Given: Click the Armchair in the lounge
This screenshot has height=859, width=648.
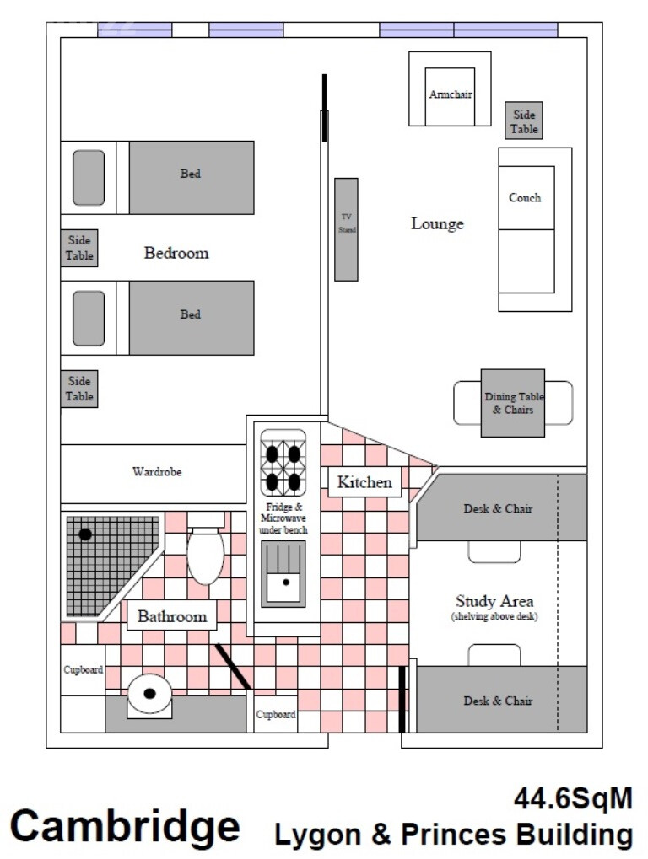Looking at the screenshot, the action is (450, 89).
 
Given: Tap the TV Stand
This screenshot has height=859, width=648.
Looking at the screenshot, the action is (346, 229).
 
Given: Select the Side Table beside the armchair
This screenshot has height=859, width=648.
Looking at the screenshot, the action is (524, 120).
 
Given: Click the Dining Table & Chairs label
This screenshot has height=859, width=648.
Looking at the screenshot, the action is (514, 403).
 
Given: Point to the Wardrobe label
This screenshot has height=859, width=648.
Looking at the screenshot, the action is (157, 472).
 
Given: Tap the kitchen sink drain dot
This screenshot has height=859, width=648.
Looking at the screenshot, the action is (286, 583).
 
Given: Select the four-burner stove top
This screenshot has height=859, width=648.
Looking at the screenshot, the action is (283, 463).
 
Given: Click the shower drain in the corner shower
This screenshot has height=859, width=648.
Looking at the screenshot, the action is (85, 534).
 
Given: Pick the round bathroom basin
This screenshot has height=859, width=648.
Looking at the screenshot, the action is (149, 694).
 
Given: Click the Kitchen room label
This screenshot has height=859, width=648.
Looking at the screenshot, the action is (364, 482).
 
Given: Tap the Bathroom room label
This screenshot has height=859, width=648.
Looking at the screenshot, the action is (172, 616).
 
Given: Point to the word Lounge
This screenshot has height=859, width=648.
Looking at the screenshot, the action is (437, 223).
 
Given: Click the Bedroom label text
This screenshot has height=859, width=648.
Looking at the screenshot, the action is (176, 253).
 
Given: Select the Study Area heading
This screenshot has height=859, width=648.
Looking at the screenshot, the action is (494, 601).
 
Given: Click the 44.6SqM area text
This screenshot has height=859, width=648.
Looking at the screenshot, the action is (574, 799).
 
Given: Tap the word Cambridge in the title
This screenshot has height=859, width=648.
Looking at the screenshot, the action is (125, 827).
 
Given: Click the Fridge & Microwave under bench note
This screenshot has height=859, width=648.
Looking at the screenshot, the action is (283, 518).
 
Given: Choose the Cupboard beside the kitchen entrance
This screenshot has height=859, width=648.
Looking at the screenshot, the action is (276, 714).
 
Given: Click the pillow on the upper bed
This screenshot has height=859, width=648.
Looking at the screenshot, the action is (89, 178).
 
